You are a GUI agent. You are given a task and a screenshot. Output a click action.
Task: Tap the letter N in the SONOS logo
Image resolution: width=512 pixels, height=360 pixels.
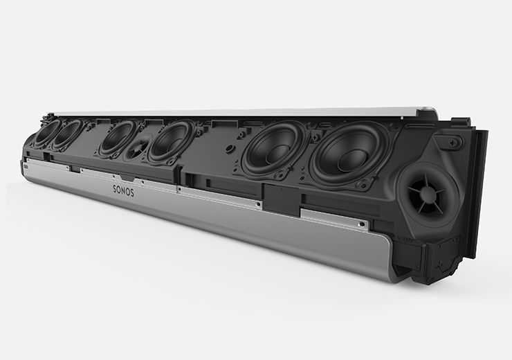point(123,190)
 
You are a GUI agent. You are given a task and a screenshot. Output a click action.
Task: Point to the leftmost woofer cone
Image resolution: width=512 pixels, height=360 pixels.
point(46,133)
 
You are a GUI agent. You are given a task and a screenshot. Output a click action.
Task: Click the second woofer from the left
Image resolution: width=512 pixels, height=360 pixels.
point(68,135)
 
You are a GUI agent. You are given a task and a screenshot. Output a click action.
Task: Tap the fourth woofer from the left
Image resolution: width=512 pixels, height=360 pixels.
point(170,141)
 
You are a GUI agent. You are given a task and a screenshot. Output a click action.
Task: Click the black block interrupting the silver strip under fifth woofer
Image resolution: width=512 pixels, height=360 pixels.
point(277,198)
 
